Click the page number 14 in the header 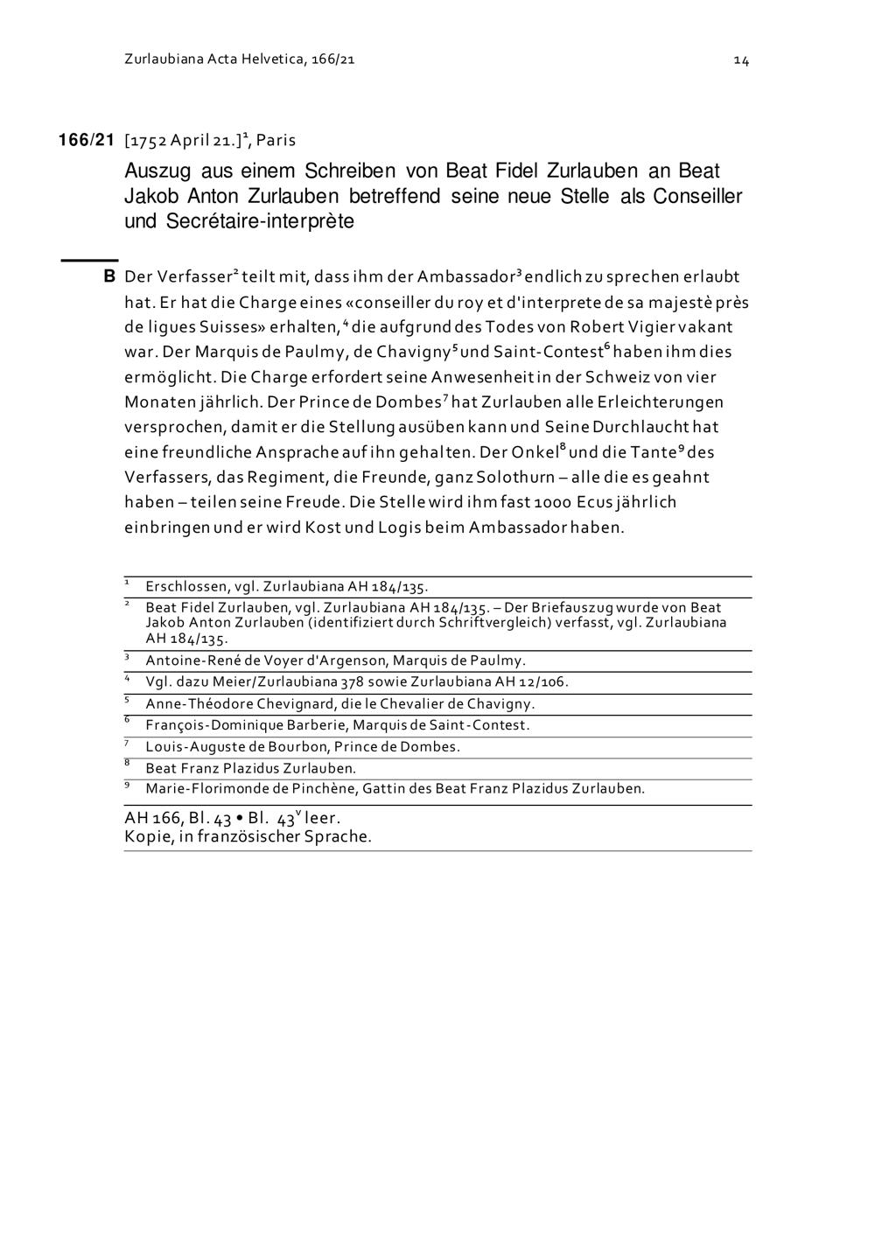[741, 60]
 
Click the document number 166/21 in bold [87, 140]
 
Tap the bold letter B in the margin [109, 277]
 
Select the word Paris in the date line [276, 140]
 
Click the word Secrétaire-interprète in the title [260, 221]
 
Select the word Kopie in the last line [143, 836]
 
